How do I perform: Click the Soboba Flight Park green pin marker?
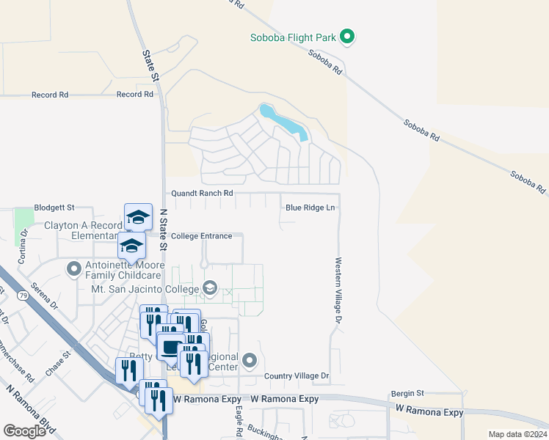(349, 36)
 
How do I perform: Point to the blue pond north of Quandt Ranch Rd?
(283, 121)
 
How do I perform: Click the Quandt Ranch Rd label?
(202, 193)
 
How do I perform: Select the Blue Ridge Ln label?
(310, 208)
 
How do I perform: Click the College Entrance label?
(201, 236)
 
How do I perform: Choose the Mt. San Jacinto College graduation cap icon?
(210, 288)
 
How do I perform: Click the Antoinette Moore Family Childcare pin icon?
(73, 269)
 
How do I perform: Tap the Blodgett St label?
(55, 208)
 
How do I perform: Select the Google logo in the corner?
(24, 431)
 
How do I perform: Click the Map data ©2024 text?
(517, 434)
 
